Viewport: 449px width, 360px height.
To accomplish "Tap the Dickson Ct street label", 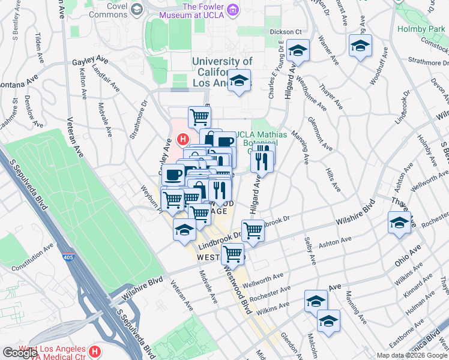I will tap(285, 31).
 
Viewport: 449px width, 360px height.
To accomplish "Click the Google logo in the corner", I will tap(20, 353).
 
